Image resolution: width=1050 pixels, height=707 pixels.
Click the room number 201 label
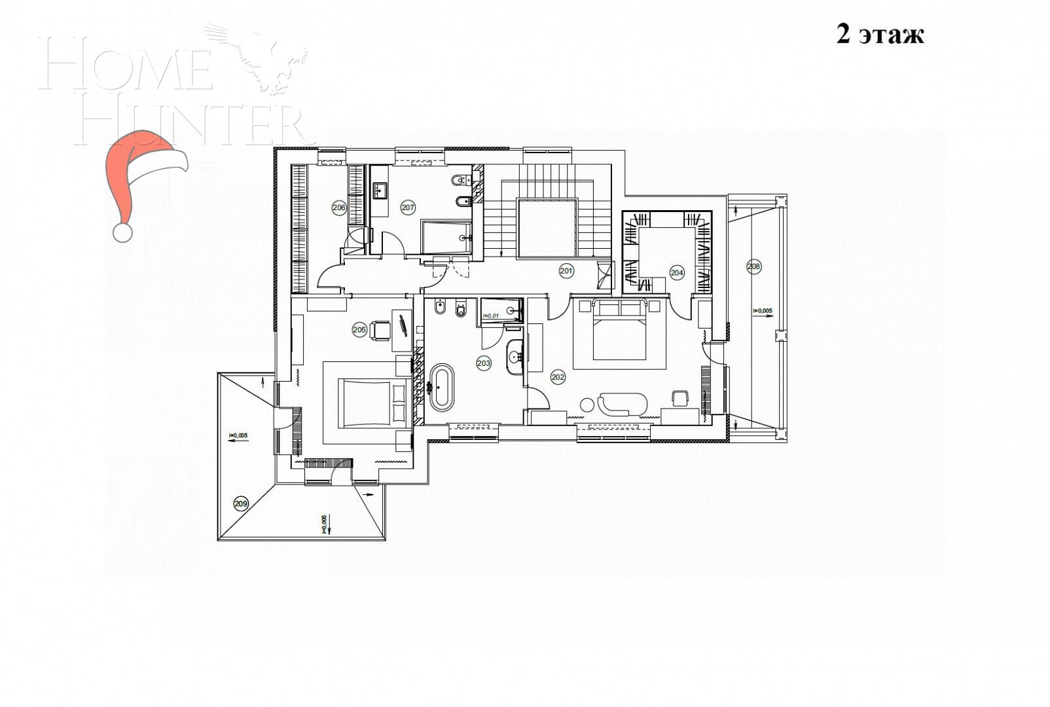566,270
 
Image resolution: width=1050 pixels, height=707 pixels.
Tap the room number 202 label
558,377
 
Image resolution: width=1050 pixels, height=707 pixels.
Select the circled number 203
484,364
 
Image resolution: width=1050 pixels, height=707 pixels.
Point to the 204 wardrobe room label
676,273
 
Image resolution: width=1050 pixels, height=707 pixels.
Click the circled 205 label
359,330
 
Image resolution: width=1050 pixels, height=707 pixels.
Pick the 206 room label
338,208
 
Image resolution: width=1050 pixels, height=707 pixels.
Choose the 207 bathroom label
408,208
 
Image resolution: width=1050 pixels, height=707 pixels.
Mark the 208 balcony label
753,266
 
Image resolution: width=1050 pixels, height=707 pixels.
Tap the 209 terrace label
241,503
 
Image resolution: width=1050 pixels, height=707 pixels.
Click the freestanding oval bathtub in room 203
441,387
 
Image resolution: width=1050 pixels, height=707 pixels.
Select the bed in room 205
372,403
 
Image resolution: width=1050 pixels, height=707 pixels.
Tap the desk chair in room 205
380,330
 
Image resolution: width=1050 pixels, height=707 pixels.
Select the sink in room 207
380,190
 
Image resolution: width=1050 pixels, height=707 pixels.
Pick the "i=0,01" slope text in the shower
490,316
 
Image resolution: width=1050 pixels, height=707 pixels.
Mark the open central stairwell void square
547,228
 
